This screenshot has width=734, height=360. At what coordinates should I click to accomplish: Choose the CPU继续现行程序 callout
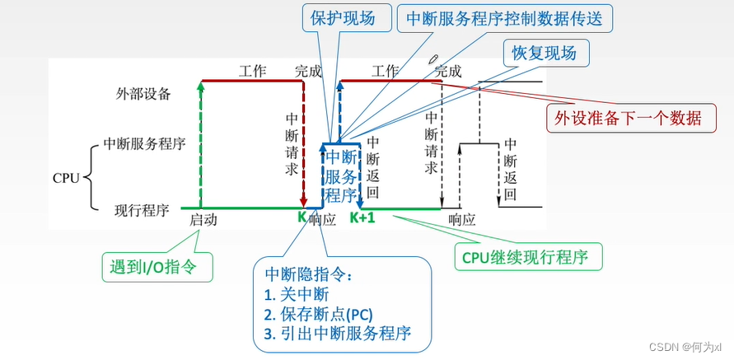(x=528, y=256)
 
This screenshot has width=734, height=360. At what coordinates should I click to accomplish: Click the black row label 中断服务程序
(x=144, y=143)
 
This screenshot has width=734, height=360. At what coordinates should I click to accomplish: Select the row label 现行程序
(x=142, y=210)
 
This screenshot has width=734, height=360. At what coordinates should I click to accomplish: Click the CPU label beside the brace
(x=67, y=177)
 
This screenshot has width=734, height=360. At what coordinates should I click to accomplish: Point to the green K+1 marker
(x=362, y=218)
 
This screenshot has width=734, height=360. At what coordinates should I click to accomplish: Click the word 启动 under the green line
(x=203, y=220)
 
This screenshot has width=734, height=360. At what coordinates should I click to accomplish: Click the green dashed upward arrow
(x=200, y=144)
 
